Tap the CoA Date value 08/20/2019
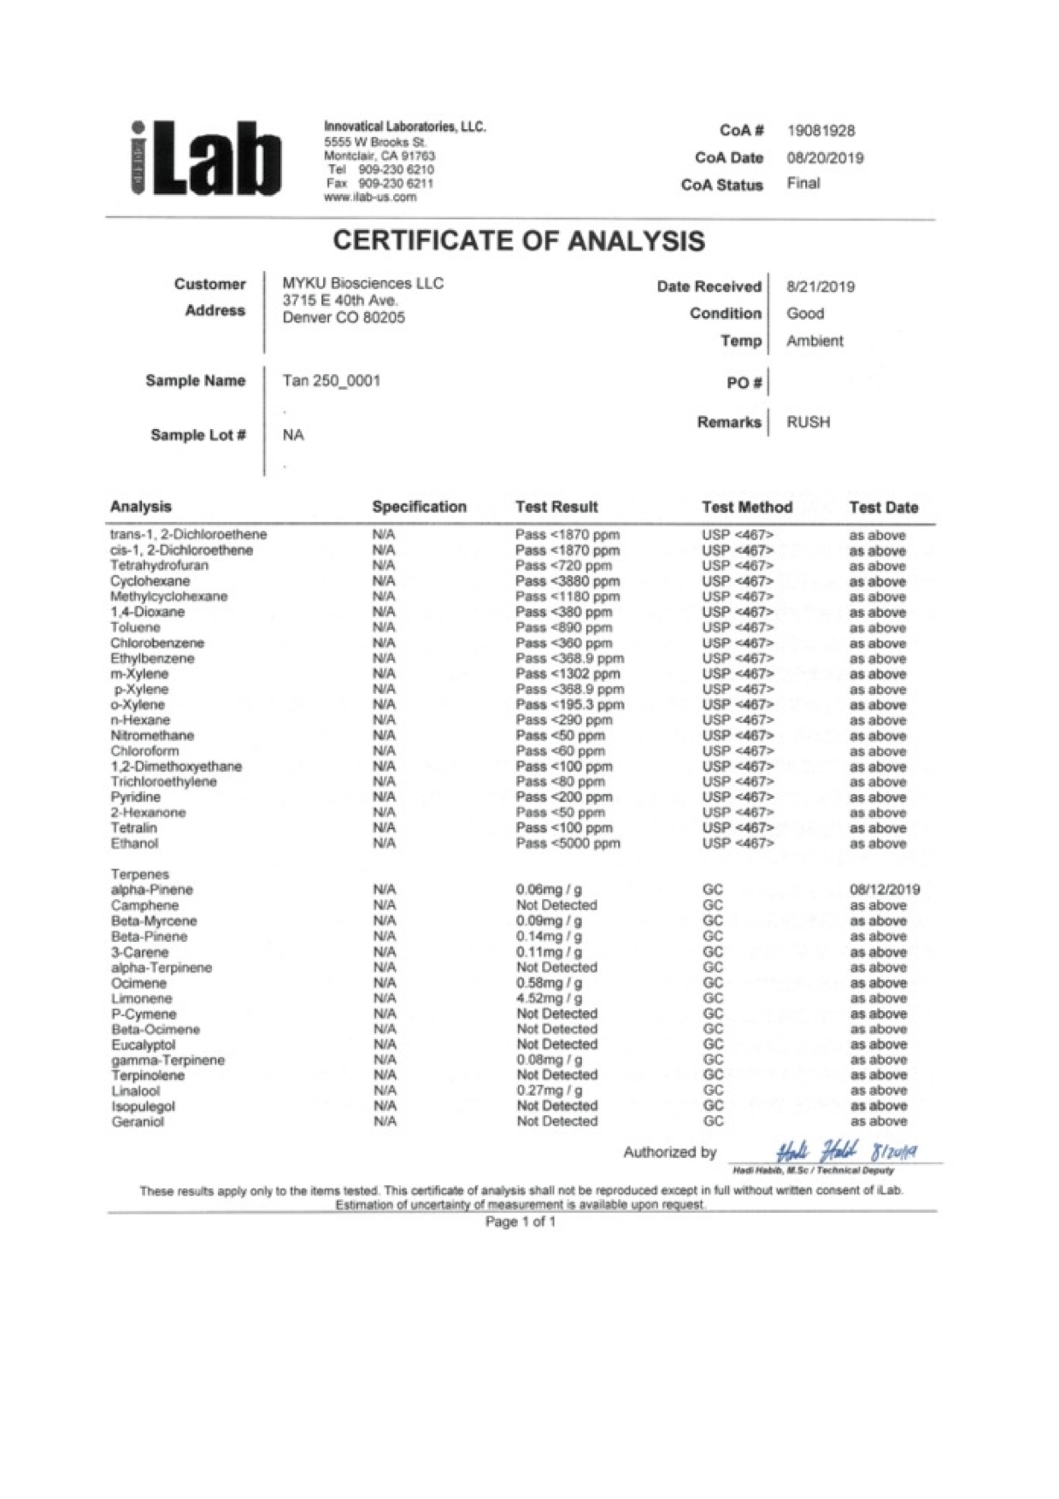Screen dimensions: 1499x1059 click(824, 158)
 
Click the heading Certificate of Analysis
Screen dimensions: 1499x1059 click(519, 241)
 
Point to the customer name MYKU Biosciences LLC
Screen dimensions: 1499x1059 click(362, 284)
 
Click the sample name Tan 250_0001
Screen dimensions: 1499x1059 click(331, 380)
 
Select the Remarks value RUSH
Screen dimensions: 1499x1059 click(808, 422)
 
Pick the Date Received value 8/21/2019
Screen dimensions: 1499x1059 click(820, 286)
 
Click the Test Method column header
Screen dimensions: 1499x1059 click(746, 507)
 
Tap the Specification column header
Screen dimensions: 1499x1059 click(419, 507)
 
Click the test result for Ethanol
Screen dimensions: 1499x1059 click(568, 844)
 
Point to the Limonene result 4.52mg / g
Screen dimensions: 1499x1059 click(550, 998)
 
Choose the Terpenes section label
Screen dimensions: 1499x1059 click(140, 874)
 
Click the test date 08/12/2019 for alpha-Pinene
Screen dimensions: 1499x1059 click(885, 890)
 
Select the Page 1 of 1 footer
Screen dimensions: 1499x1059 click(521, 1222)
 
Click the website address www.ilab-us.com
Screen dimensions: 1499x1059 click(370, 197)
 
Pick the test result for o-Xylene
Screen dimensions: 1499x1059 click(569, 705)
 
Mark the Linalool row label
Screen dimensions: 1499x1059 click(136, 1091)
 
